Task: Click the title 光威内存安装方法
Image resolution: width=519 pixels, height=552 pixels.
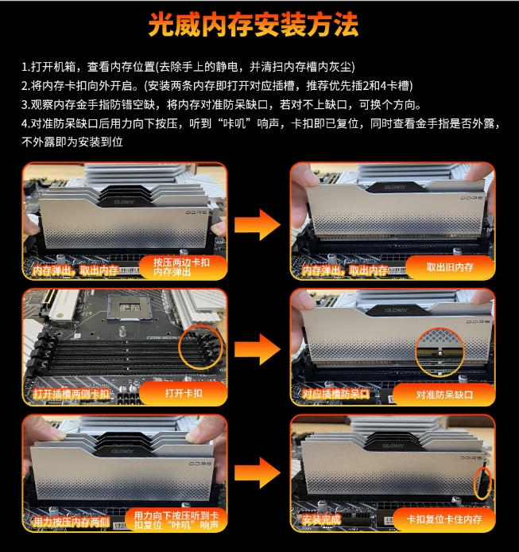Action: click(254, 25)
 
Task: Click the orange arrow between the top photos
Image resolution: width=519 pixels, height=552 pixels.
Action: click(258, 224)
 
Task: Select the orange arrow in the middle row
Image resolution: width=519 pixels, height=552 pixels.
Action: click(258, 349)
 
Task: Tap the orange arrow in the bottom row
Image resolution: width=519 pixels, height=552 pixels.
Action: click(258, 472)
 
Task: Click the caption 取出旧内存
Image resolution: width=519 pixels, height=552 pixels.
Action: click(450, 267)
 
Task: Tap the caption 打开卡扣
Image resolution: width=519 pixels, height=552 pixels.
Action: click(184, 393)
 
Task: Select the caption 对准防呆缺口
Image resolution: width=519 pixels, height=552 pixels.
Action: click(444, 395)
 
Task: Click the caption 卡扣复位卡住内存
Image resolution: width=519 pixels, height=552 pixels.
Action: click(444, 519)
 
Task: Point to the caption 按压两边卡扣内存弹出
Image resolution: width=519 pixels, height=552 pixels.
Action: click(181, 267)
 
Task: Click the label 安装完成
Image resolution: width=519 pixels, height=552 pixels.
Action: click(322, 519)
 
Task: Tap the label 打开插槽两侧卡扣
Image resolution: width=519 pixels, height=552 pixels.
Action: click(72, 394)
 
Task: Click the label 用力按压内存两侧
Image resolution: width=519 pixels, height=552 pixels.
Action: click(72, 522)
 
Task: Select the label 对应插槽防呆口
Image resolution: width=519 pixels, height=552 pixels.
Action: click(336, 394)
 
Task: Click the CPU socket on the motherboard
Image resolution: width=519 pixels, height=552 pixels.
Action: click(129, 308)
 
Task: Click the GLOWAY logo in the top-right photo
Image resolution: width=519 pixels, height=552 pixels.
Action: click(395, 187)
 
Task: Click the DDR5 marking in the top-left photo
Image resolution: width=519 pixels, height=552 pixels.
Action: click(196, 212)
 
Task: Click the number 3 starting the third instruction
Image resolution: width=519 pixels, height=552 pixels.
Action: click(24, 104)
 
